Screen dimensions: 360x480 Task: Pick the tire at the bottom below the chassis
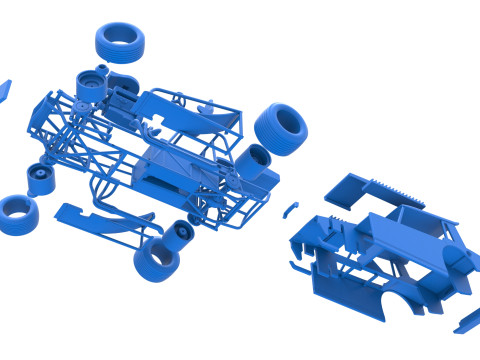coord(156,258)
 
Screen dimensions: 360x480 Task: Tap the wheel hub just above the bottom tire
coord(181,229)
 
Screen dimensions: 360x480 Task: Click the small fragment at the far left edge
coord(4,89)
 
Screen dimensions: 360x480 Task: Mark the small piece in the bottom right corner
coord(467,321)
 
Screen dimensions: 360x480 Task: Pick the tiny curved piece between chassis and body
coord(290,209)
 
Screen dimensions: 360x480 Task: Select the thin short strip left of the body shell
coord(292,265)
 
